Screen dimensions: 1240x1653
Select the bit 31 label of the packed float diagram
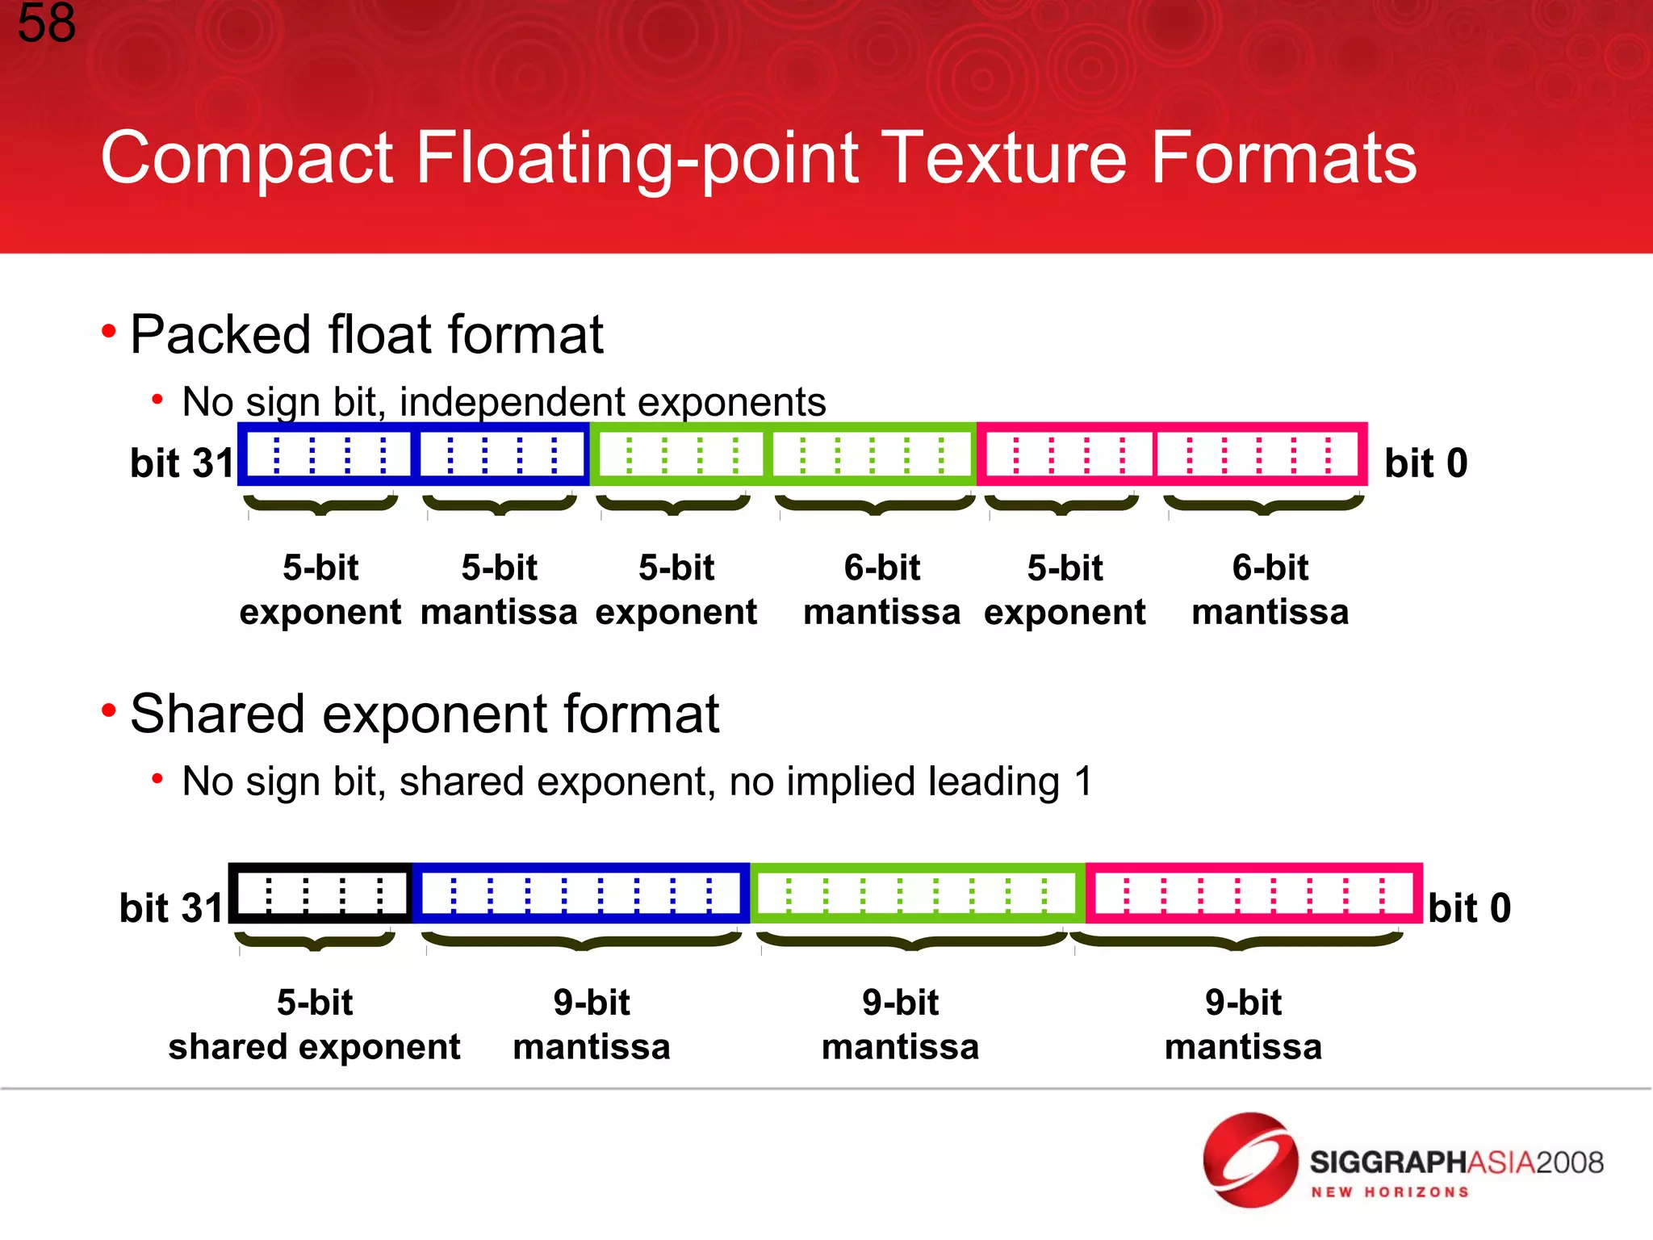pyautogui.click(x=182, y=463)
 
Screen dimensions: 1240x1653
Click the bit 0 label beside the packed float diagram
pyautogui.click(x=1425, y=463)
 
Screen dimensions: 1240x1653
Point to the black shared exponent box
pyautogui.click(x=321, y=894)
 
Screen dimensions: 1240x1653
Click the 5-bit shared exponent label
pyautogui.click(x=315, y=1024)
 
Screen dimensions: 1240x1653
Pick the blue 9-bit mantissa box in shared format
pyautogui.click(x=581, y=894)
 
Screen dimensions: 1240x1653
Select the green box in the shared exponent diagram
pyautogui.click(x=918, y=894)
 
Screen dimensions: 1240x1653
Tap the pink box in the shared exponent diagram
pyautogui.click(x=1253, y=894)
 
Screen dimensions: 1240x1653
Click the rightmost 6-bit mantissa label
pyautogui.click(x=1270, y=590)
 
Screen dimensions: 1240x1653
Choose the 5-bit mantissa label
pyautogui.click(x=499, y=590)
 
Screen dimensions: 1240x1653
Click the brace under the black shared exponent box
pyautogui.click(x=315, y=942)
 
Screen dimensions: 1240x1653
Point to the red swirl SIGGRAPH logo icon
pyautogui.click(x=1250, y=1160)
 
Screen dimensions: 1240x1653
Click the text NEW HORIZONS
pyautogui.click(x=1389, y=1192)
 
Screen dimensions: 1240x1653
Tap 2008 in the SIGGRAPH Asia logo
pyautogui.click(x=1569, y=1162)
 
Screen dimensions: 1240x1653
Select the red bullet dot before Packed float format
pyautogui.click(x=109, y=331)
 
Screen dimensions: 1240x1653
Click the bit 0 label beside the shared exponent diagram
pyautogui.click(x=1469, y=908)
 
